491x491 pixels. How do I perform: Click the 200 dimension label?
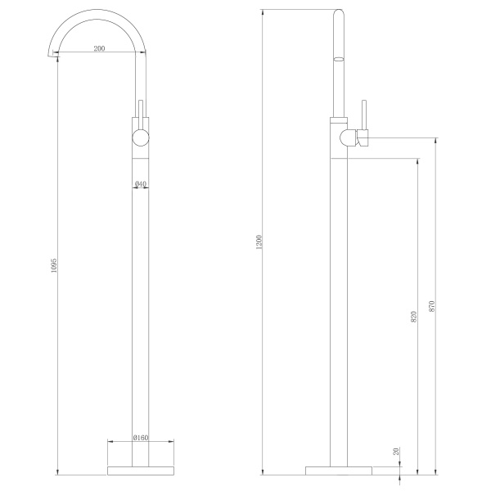click(x=99, y=48)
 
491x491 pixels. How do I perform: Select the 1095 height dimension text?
click(x=53, y=265)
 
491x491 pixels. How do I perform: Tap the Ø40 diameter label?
click(x=141, y=183)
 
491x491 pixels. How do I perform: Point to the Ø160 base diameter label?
click(x=140, y=438)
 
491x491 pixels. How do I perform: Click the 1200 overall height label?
click(x=259, y=242)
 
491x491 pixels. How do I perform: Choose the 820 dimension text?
click(x=413, y=317)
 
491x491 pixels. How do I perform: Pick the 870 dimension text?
click(x=431, y=306)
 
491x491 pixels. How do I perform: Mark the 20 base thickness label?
click(x=396, y=451)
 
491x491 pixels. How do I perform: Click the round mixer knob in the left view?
click(x=141, y=137)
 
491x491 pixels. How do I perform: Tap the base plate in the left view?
click(x=141, y=471)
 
